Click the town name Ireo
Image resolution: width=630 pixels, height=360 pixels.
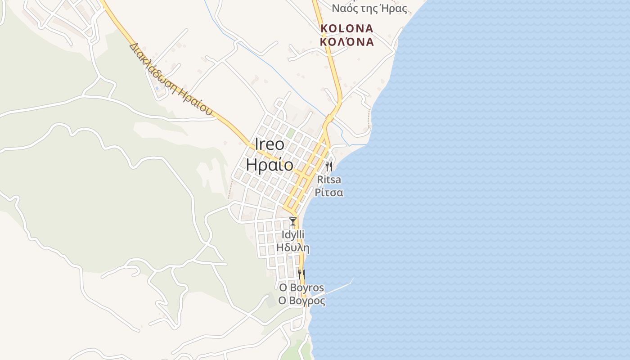pyautogui.click(x=270, y=144)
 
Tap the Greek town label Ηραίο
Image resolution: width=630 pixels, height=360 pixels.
pyautogui.click(x=270, y=165)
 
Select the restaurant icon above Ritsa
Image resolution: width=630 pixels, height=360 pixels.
pyautogui.click(x=329, y=167)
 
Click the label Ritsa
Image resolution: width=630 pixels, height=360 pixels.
pyautogui.click(x=329, y=180)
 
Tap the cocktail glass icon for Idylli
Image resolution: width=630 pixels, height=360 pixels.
pyautogui.click(x=293, y=221)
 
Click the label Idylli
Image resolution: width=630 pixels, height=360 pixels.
pyautogui.click(x=293, y=234)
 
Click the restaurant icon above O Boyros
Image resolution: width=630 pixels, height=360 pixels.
pyautogui.click(x=301, y=274)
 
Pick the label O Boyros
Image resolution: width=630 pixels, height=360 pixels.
pyautogui.click(x=301, y=288)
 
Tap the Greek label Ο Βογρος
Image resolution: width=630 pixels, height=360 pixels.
pyautogui.click(x=301, y=301)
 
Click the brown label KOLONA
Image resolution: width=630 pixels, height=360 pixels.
pyautogui.click(x=346, y=29)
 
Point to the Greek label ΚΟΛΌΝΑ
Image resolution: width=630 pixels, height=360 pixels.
pyautogui.click(x=346, y=42)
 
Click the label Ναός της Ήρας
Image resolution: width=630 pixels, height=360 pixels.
pyautogui.click(x=369, y=9)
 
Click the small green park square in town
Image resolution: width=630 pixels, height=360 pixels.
pyautogui.click(x=291, y=133)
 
